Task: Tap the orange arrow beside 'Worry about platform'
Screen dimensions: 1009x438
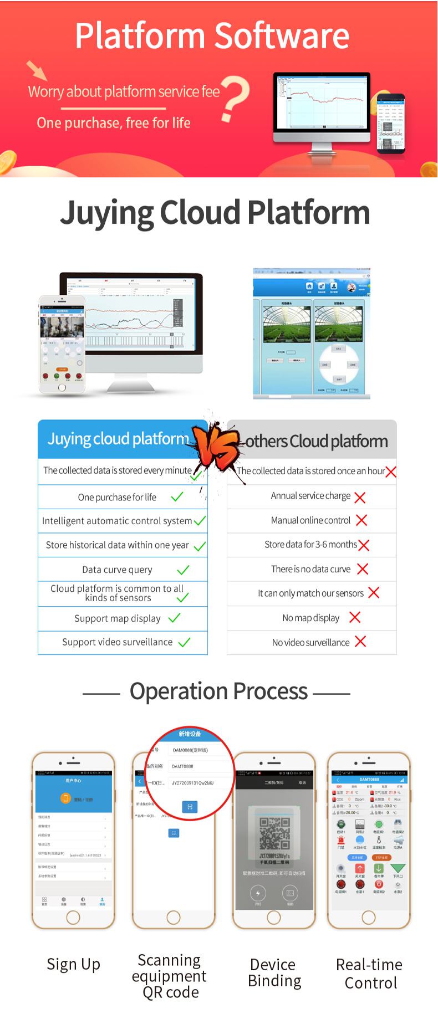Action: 37,70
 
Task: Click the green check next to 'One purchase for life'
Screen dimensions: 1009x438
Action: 177,497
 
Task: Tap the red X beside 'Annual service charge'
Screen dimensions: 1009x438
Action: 360,498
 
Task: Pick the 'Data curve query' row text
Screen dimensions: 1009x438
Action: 117,570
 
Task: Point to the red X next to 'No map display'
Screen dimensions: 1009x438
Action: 355,617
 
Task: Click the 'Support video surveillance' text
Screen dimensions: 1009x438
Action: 117,642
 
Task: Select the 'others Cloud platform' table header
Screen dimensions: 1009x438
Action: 316,442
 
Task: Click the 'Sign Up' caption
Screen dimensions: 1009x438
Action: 73,965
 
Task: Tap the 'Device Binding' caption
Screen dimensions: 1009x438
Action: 274,973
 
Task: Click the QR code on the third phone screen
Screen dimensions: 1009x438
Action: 274,834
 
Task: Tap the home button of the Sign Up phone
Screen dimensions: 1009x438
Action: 73,918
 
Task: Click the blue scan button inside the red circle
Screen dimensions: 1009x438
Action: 190,807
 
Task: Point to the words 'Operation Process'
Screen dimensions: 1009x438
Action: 218,692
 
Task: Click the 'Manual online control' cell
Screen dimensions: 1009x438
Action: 310,520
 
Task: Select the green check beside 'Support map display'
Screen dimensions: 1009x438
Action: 175,618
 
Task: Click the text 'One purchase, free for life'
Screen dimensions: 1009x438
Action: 114,123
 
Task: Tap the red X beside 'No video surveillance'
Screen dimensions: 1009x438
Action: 360,642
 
